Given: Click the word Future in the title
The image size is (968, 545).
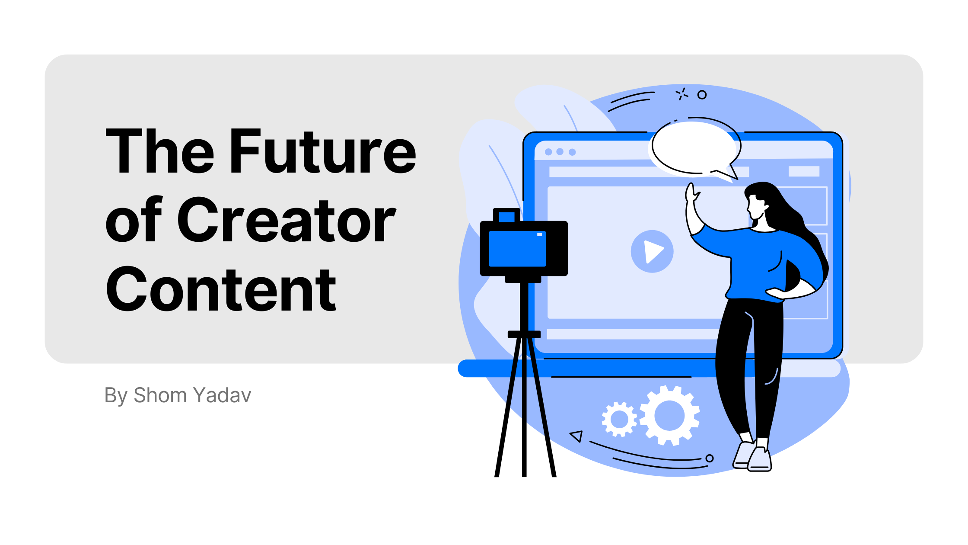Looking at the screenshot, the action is (323, 151).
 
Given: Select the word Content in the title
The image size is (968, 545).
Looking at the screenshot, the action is (221, 289).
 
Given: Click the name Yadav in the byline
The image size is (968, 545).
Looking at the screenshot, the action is (222, 395).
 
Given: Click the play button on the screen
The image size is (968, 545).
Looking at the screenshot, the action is (652, 251).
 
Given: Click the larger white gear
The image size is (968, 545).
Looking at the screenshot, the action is (670, 415).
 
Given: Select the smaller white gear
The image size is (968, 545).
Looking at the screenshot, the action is (619, 419).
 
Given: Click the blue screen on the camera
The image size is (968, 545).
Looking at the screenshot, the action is (517, 249).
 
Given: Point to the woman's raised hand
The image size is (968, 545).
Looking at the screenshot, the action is (691, 193).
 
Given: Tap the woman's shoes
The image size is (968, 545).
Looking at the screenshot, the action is (753, 456).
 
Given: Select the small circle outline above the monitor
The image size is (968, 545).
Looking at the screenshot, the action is (702, 95).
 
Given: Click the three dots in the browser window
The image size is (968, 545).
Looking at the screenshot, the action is (560, 152).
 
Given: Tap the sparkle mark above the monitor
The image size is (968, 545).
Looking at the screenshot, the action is (681, 94).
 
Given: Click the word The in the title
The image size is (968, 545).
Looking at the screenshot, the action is (160, 151).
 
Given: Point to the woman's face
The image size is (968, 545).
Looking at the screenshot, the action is (756, 208).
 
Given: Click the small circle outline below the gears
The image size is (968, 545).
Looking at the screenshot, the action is (710, 458).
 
